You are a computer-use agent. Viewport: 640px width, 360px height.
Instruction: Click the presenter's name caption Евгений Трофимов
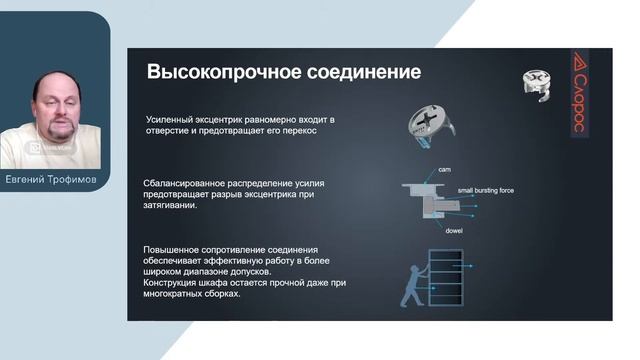coord(55,181)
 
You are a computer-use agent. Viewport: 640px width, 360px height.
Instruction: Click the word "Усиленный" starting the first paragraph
coord(172,119)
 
